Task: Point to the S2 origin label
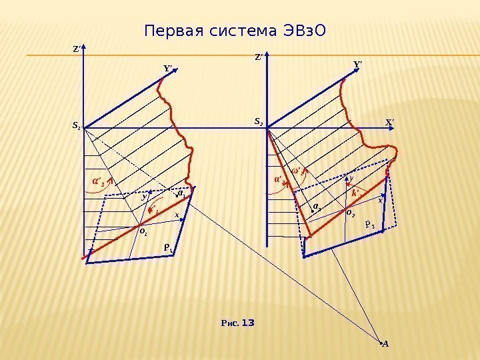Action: coord(259,122)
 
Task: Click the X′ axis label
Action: coord(390,122)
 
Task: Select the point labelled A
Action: coord(385,344)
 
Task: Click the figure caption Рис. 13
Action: coord(237,323)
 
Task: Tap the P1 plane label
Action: coord(168,249)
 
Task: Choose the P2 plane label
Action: coord(371,225)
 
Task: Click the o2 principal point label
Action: coord(351,213)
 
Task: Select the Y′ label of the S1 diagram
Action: coord(167,67)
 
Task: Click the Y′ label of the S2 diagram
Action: coord(357,64)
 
